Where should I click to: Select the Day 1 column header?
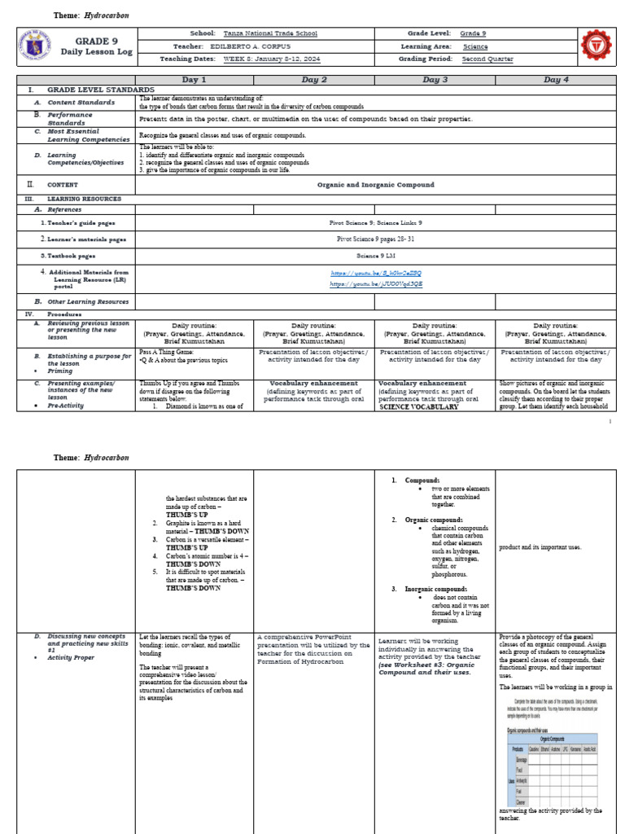point(193,80)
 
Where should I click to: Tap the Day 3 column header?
point(435,80)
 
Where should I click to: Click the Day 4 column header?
point(556,80)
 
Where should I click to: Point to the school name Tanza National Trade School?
point(270,33)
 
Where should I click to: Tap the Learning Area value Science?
point(474,46)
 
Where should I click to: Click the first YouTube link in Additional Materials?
point(375,274)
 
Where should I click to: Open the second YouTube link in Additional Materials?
point(375,284)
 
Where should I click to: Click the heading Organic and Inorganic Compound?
point(375,185)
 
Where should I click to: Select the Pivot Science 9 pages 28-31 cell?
point(375,239)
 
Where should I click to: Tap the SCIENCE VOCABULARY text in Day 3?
point(418,406)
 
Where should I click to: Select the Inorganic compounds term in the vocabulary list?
point(435,588)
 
